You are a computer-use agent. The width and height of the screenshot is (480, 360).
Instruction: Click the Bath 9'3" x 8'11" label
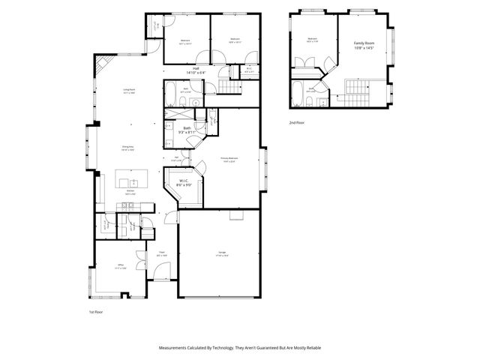pos(187,130)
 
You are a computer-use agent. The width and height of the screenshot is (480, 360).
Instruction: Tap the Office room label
pos(119,266)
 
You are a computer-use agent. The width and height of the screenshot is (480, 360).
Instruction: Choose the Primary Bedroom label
pos(229,159)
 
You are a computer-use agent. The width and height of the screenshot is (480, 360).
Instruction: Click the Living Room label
pos(130,91)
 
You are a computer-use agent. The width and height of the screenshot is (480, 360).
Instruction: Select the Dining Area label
pos(128,148)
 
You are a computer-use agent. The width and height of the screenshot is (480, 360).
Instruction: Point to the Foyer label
pos(161,255)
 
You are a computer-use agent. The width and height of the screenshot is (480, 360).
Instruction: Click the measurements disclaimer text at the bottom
pos(239,347)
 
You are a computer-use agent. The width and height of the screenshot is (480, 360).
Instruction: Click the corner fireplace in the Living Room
pos(103,64)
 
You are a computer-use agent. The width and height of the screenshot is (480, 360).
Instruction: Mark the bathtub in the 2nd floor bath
pos(301,97)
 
